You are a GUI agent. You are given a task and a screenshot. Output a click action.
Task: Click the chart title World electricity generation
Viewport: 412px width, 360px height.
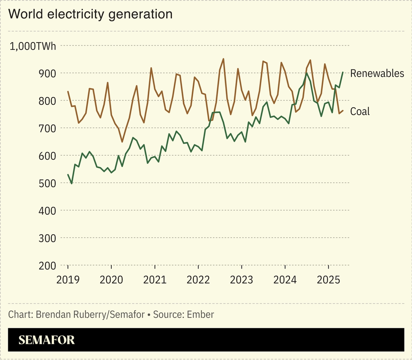pyautogui.click(x=90, y=14)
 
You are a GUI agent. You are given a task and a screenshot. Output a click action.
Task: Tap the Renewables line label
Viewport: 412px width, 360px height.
pyautogui.click(x=377, y=73)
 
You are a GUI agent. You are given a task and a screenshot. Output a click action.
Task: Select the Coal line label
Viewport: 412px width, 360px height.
pyautogui.click(x=360, y=112)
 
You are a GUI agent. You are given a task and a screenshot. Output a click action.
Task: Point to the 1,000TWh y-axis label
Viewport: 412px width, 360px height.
pyautogui.click(x=33, y=46)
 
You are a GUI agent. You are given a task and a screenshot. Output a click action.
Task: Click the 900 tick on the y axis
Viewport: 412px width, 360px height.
pyautogui.click(x=47, y=73)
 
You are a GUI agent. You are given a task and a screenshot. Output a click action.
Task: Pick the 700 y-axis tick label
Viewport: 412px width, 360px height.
pyautogui.click(x=47, y=128)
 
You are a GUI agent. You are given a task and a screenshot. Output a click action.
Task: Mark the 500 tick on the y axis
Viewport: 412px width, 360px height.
pyautogui.click(x=47, y=183)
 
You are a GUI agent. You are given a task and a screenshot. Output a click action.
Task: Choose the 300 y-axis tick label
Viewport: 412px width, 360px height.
pyautogui.click(x=47, y=238)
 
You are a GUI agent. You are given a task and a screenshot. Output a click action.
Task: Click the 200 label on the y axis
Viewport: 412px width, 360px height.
pyautogui.click(x=47, y=265)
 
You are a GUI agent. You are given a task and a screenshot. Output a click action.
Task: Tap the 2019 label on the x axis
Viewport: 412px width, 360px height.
pyautogui.click(x=68, y=280)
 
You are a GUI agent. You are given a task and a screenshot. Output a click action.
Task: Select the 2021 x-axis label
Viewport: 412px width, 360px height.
pyautogui.click(x=155, y=280)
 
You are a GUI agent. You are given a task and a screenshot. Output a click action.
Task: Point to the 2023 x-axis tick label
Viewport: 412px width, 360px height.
pyautogui.click(x=241, y=280)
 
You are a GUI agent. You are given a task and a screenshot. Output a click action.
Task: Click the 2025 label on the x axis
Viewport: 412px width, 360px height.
pyautogui.click(x=328, y=280)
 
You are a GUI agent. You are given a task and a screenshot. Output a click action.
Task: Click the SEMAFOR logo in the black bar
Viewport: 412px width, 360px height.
pyautogui.click(x=47, y=340)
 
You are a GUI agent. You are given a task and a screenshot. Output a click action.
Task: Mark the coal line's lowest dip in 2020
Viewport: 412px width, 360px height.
pyautogui.click(x=122, y=142)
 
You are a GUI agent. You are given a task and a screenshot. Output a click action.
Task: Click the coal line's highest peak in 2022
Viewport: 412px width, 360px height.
pyautogui.click(x=224, y=59)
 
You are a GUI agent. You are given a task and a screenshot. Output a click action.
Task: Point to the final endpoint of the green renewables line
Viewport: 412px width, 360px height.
pyautogui.click(x=343, y=72)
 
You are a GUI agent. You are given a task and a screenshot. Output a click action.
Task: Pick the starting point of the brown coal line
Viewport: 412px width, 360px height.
pyautogui.click(x=68, y=92)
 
